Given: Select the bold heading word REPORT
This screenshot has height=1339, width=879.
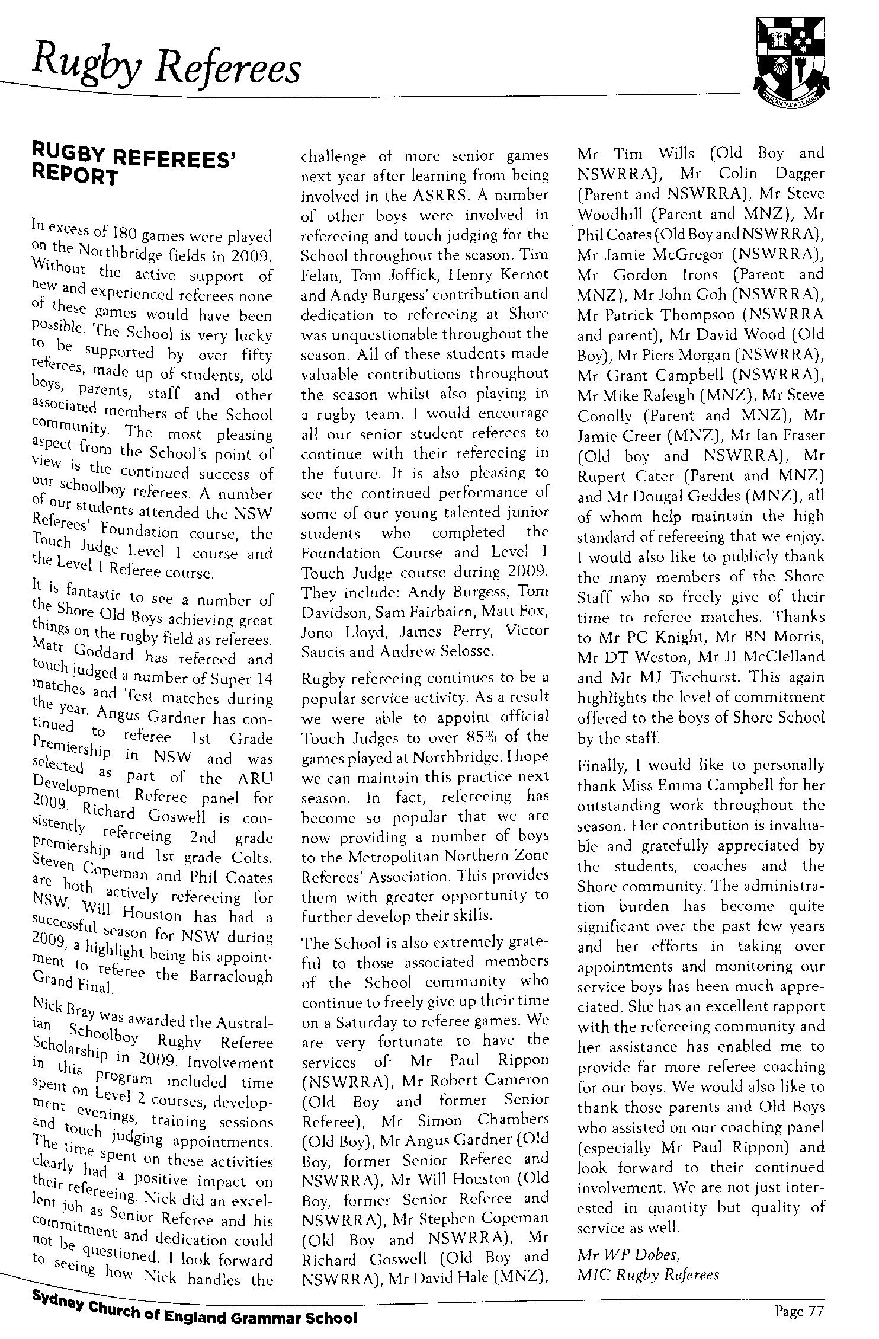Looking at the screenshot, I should tap(75, 177).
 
